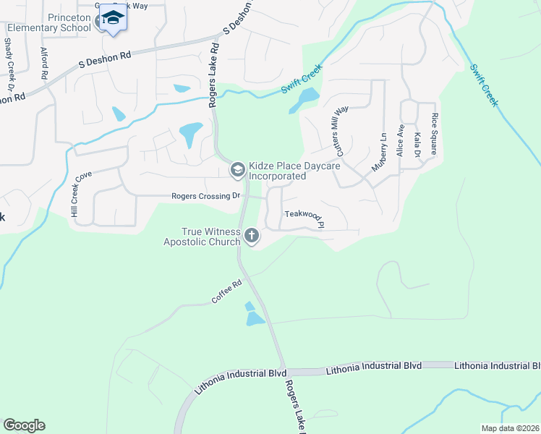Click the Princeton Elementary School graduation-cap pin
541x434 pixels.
[112, 17]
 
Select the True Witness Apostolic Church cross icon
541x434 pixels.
[252, 234]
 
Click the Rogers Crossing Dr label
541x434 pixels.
[205, 196]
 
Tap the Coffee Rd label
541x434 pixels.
[226, 291]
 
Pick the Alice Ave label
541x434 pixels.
[399, 136]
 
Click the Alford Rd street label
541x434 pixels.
[45, 63]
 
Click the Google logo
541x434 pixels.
[24, 425]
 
